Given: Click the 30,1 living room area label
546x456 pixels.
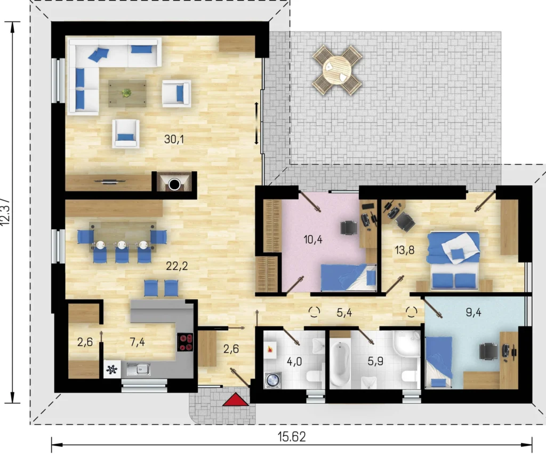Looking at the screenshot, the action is [174, 139].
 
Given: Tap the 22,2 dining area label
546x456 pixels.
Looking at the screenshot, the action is [177, 266].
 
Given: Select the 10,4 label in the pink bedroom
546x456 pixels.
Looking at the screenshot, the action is [312, 239].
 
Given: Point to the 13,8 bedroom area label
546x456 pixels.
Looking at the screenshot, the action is [404, 250].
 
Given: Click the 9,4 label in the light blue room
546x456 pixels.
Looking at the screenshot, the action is [473, 313].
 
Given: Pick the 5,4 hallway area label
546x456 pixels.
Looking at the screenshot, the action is [344, 313].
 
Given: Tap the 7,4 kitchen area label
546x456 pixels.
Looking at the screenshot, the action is [137, 342].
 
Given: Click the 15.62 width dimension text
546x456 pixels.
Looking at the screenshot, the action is [292, 436].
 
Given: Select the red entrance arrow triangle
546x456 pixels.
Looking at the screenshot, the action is [236, 400].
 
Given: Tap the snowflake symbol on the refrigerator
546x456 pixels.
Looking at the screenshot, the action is [112, 369].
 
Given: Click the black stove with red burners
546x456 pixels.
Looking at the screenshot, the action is [185, 342].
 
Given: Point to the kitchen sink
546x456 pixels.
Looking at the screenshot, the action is [139, 369].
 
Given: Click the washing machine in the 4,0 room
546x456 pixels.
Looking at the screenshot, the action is [273, 380].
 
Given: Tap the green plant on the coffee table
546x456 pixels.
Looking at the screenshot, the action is [126, 93].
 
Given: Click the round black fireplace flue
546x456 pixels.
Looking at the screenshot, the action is [174, 185].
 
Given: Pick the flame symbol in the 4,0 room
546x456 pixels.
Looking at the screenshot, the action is [269, 349].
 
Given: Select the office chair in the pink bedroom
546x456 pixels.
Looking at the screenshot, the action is [349, 228].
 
